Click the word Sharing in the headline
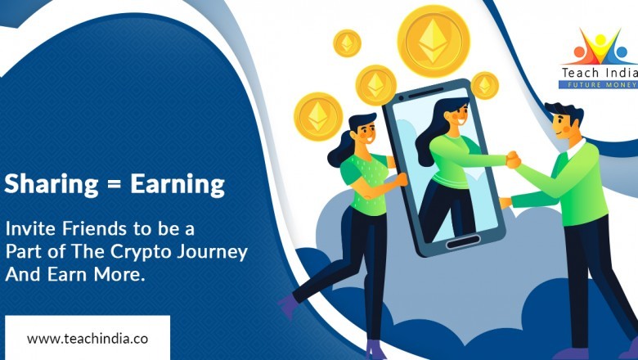[x=51, y=185]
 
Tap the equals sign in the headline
[x=113, y=186]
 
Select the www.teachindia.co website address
[x=87, y=338]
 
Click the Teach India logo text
[x=600, y=73]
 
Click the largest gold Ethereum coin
[x=433, y=41]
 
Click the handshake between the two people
[x=512, y=160]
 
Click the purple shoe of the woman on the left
[x=289, y=307]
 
